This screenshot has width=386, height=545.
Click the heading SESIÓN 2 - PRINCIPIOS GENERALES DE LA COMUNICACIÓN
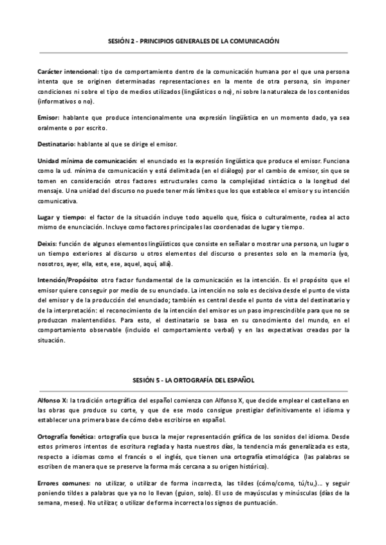(193, 40)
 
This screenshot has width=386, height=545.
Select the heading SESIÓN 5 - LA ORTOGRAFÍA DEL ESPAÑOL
(193, 380)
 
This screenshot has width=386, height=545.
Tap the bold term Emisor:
(50, 118)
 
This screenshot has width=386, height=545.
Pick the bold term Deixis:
(48, 245)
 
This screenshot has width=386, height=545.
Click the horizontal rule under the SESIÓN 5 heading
(193, 390)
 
